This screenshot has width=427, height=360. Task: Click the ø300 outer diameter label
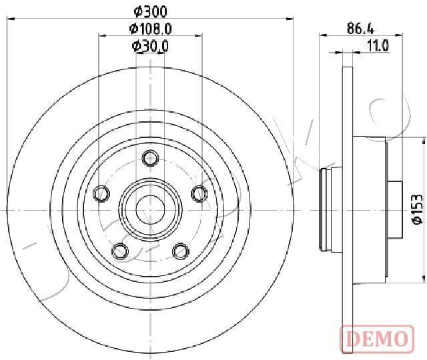tap(150, 11)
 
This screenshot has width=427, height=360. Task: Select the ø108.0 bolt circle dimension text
tap(150, 29)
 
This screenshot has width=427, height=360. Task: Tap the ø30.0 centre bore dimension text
tap(150, 46)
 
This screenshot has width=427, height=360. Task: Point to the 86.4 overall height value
tap(360, 28)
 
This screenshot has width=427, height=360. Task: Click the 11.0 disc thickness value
tap(378, 46)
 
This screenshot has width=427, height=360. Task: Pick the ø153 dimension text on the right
tap(418, 209)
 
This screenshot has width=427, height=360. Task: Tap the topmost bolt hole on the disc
tap(150, 158)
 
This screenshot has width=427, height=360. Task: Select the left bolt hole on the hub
tap(101, 194)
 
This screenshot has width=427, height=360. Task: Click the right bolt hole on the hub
tap(199, 193)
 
